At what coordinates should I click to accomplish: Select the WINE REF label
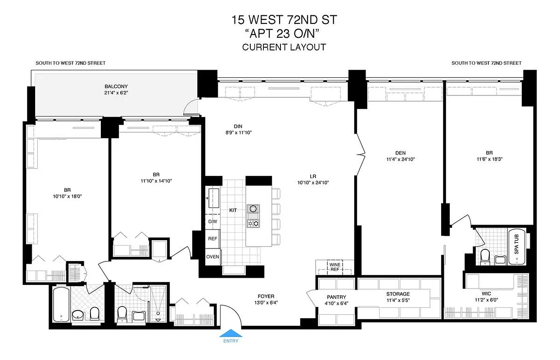tap(335, 267)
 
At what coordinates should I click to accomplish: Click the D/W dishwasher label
tap(212, 222)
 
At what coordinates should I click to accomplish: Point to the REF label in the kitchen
tap(212, 239)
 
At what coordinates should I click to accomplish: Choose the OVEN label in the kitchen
tap(212, 257)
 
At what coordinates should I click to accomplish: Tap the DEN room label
tap(397, 152)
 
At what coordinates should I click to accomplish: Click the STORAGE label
tap(397, 294)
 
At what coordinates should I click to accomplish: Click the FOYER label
tap(266, 296)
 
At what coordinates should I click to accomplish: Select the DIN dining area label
tap(238, 126)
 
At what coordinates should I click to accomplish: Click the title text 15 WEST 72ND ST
tap(284, 20)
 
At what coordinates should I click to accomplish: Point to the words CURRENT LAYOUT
tap(284, 47)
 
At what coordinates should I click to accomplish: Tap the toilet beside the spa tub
tap(485, 256)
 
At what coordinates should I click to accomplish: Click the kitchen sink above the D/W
tap(212, 196)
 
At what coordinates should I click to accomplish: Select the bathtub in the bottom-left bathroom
tap(60, 305)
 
